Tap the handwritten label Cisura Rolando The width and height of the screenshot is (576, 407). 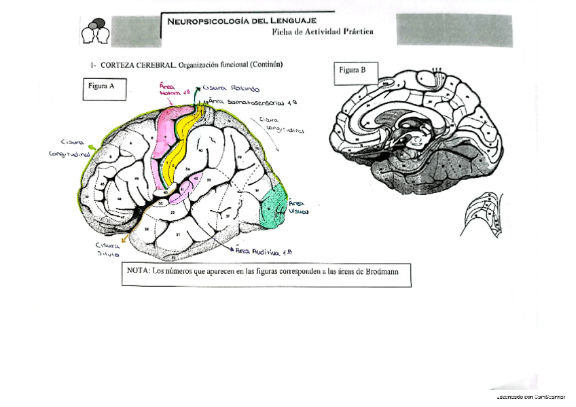click(233, 89)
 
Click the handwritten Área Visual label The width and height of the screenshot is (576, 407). click(300, 207)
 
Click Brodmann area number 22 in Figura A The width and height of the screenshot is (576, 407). click(173, 213)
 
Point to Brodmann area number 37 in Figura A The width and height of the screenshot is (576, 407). click(228, 216)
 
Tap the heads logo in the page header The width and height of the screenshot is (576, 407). click(95, 31)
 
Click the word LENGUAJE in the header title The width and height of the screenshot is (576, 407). click(289, 20)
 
